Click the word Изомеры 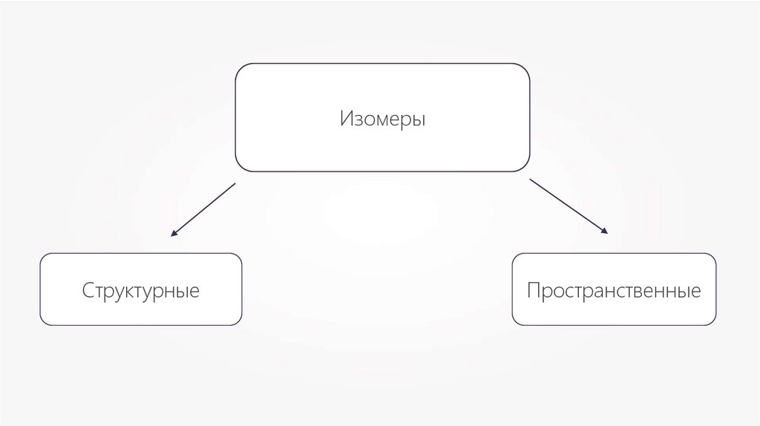pyautogui.click(x=383, y=119)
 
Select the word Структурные pyautogui.click(x=141, y=289)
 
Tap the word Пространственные pyautogui.click(x=614, y=289)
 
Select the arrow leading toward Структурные pyautogui.click(x=203, y=209)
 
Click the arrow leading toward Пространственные pyautogui.click(x=569, y=206)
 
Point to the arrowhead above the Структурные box pyautogui.click(x=174, y=234)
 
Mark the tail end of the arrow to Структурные pyautogui.click(x=235, y=183)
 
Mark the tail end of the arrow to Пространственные pyautogui.click(x=531, y=179)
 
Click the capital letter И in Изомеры pyautogui.click(x=346, y=119)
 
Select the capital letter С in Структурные pyautogui.click(x=88, y=289)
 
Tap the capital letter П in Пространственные pyautogui.click(x=533, y=289)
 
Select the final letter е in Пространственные pyautogui.click(x=696, y=291)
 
